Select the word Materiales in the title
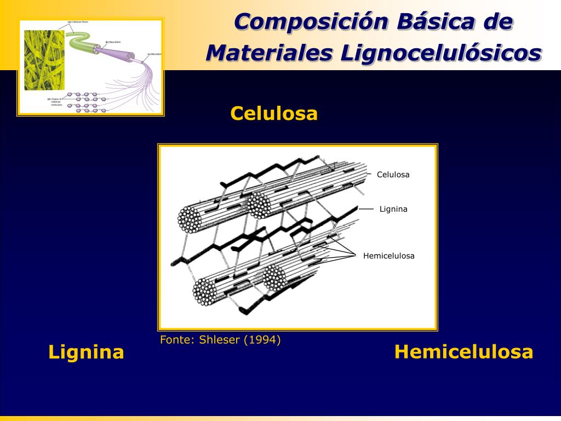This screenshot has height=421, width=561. pyautogui.click(x=269, y=53)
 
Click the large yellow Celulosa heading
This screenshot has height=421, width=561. pyautogui.click(x=274, y=113)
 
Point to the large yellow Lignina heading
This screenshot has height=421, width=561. pyautogui.click(x=86, y=352)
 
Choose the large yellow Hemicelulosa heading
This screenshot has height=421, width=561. pyautogui.click(x=463, y=352)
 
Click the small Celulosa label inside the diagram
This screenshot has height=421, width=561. pyautogui.click(x=393, y=175)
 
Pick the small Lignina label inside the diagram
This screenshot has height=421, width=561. pyautogui.click(x=393, y=209)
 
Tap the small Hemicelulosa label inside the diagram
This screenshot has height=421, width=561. pyautogui.click(x=388, y=256)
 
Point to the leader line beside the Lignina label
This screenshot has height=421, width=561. pyautogui.click(x=366, y=209)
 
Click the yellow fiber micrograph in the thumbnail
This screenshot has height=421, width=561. pyautogui.click(x=44, y=60)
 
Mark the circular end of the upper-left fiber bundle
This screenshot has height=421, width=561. pyautogui.click(x=190, y=220)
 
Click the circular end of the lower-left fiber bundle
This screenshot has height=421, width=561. pyautogui.click(x=204, y=291)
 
